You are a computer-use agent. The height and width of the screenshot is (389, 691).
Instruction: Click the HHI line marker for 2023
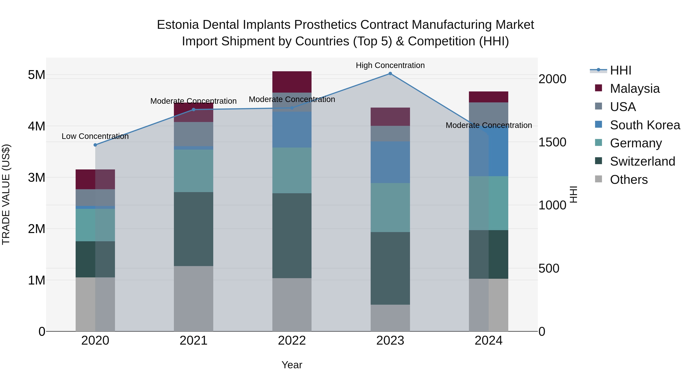tap(390, 74)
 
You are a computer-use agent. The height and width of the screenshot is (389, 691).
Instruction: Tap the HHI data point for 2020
tap(95, 145)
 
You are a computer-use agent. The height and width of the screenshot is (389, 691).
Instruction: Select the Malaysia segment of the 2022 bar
tap(292, 82)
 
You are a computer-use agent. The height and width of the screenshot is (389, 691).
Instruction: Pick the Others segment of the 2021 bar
tap(193, 299)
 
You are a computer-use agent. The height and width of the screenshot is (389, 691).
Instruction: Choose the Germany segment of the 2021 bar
tap(193, 171)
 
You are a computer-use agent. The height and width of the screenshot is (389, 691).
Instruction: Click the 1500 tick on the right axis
tap(552, 142)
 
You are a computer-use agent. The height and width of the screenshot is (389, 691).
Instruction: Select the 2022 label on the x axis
tap(292, 341)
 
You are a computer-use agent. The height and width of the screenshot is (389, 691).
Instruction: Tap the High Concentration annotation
tap(390, 65)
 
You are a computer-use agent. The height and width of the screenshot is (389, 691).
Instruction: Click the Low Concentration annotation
tap(95, 136)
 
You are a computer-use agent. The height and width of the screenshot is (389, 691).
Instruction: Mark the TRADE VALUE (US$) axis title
tap(6, 194)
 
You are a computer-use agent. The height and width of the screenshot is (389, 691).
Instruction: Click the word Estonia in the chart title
tap(178, 25)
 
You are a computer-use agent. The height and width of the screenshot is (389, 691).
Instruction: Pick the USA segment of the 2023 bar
tap(390, 134)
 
